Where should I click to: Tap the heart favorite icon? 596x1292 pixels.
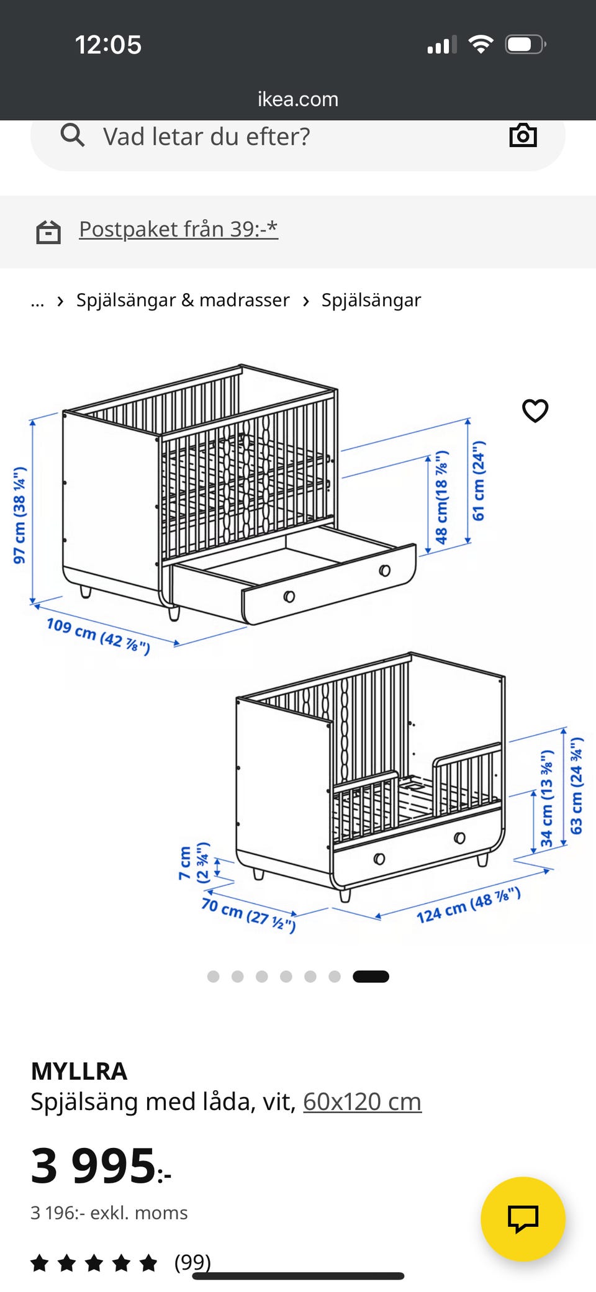point(535,410)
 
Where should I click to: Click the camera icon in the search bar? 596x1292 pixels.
point(523,135)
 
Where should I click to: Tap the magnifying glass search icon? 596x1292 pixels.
point(73,135)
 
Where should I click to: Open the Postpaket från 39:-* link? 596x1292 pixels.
point(178,229)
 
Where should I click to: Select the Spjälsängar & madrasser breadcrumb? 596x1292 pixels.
point(183,300)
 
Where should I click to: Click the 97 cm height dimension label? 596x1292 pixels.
point(20,515)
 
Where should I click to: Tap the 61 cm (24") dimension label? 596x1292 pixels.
point(479,481)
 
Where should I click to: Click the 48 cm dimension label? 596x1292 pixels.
point(441,497)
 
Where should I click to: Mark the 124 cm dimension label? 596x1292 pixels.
point(468,905)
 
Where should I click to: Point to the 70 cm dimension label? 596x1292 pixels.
point(248,915)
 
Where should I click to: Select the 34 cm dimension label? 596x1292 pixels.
point(546,798)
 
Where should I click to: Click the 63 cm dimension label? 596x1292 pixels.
point(577,786)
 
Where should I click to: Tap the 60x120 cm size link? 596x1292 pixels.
point(362,1101)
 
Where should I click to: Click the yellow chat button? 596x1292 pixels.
point(523,1219)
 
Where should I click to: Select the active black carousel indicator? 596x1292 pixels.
point(371,977)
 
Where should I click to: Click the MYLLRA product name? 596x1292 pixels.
point(79,1071)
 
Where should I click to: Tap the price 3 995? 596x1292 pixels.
point(101,1165)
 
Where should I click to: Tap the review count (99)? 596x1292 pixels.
point(192,1262)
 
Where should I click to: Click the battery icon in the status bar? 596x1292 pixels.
point(525,45)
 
